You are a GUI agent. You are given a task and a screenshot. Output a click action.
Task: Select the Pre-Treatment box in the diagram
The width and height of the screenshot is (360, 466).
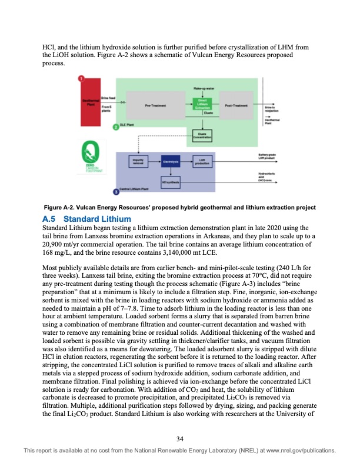pyautogui.click(x=155, y=106)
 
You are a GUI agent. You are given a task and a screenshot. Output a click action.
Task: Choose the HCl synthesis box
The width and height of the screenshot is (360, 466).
pyautogui.click(x=171, y=182)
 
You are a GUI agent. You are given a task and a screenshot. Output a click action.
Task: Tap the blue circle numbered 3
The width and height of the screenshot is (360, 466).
pyautogui.click(x=115, y=192)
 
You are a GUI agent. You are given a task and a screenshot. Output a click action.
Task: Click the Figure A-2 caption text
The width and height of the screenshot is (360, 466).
pyautogui.click(x=180, y=208)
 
